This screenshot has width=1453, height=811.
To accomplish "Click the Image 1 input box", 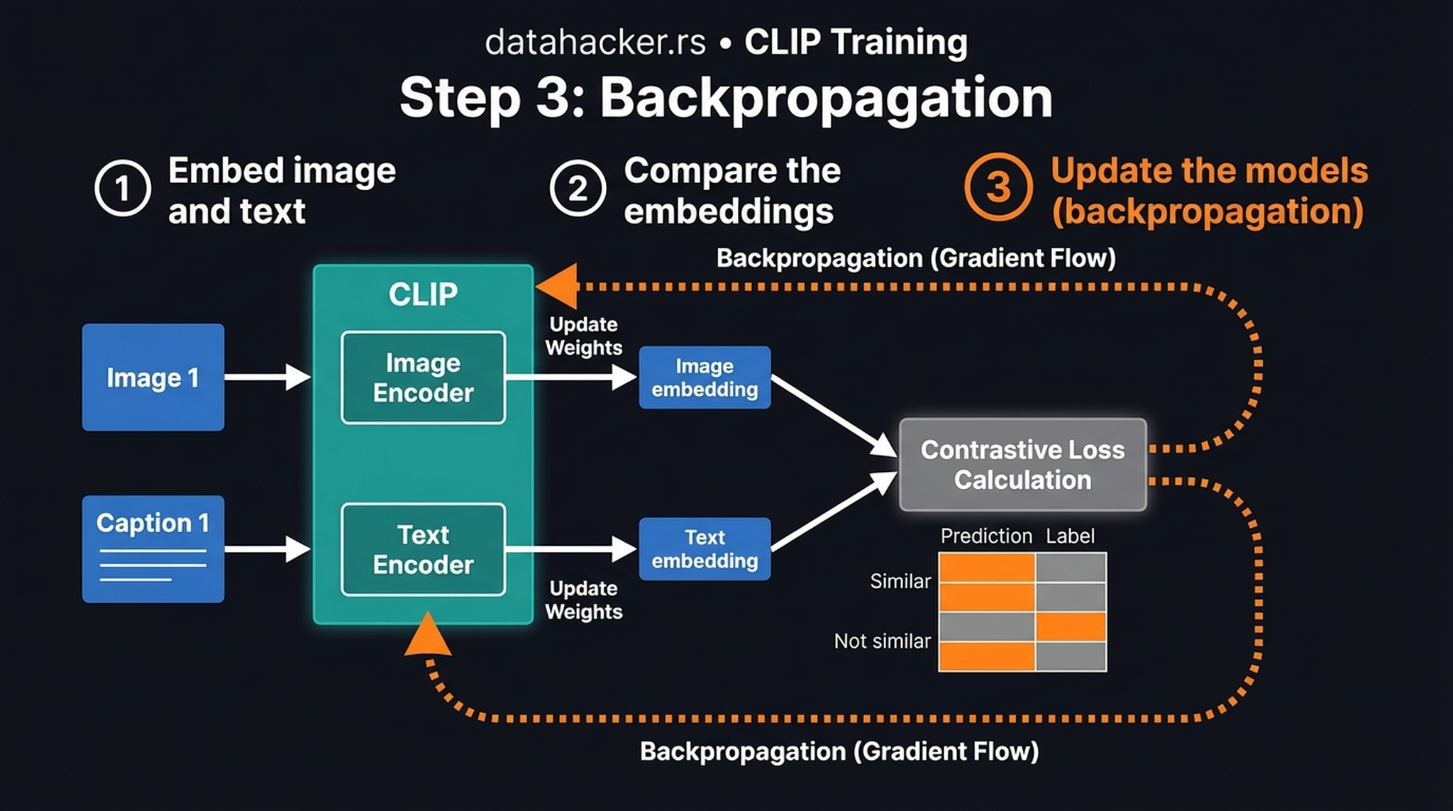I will [153, 377].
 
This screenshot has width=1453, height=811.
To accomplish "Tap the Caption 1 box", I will [153, 548].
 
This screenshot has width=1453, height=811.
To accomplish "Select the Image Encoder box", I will [423, 377].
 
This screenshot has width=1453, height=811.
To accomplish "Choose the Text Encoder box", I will [423, 549].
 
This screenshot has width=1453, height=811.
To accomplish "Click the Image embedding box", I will [704, 377].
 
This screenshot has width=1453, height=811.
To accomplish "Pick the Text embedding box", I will [704, 548].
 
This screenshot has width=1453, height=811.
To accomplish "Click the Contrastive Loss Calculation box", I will [1022, 465].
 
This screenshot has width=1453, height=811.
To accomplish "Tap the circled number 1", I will [122, 188].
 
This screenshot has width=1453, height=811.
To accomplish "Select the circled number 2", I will [578, 188].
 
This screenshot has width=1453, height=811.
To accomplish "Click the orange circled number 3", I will [998, 187].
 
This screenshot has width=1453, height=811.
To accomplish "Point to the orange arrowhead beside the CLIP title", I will [558, 287].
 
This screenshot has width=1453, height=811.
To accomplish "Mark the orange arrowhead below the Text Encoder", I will [428, 636].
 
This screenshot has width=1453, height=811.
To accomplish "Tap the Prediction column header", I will [985, 536].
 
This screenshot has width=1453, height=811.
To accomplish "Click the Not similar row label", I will [882, 641].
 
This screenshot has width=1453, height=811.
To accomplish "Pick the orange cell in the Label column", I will [1070, 627].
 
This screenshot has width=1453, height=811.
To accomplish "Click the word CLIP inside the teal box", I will [423, 294].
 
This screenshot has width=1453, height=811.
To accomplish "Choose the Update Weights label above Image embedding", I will [583, 336].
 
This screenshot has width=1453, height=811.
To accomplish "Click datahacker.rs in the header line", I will [595, 42].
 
